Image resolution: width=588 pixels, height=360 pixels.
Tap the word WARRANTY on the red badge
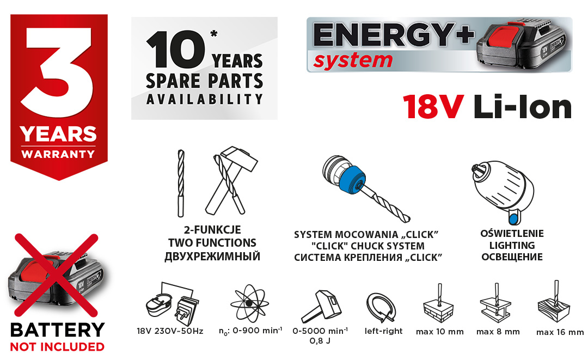(x=58, y=154)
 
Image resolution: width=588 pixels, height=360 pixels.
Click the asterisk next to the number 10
(x=214, y=34)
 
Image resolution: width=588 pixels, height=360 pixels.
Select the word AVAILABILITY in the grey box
(x=204, y=99)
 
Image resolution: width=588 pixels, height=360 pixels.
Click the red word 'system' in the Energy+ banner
(x=353, y=61)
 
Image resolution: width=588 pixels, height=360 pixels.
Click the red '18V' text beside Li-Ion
(x=433, y=107)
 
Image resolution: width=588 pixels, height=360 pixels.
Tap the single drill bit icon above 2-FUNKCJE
(x=181, y=184)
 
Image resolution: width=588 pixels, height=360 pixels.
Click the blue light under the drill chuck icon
(x=513, y=217)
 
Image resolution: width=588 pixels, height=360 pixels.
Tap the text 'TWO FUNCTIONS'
(x=212, y=243)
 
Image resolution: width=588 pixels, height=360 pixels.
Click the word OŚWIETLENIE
(x=512, y=234)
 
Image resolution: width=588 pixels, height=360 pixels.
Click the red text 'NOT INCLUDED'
(x=57, y=347)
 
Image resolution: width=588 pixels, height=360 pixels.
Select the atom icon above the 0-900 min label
(x=249, y=303)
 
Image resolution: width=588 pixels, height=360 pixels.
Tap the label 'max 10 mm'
(x=440, y=332)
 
